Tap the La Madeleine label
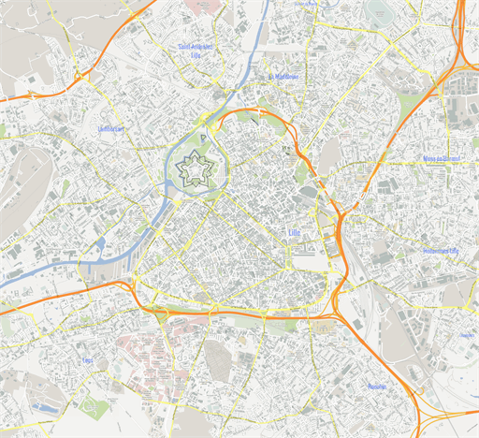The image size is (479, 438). [x=283, y=77]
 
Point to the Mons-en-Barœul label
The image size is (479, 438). [x=443, y=160]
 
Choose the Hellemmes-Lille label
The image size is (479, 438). [x=442, y=251]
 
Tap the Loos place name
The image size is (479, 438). [x=88, y=360]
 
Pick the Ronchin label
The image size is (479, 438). [x=377, y=386]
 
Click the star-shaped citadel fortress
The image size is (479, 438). [x=196, y=168]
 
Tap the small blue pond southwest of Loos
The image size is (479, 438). [x=42, y=408]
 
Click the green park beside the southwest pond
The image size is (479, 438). [x=94, y=406]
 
